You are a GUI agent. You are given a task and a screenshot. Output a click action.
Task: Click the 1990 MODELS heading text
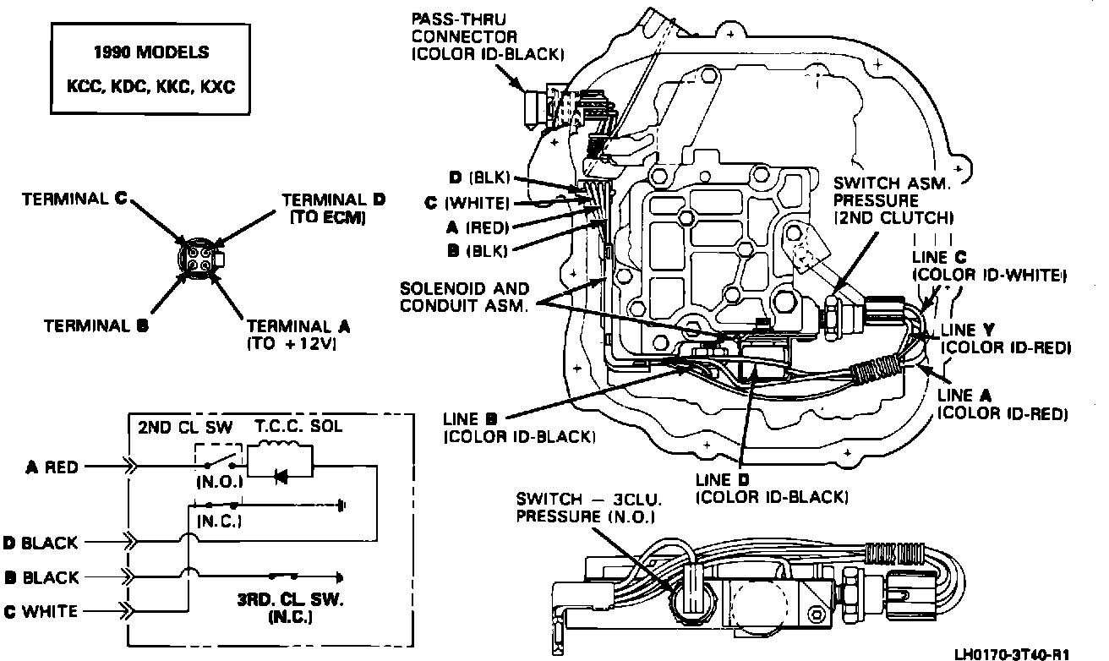coord(151,52)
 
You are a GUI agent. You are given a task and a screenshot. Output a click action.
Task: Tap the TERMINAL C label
coord(74,199)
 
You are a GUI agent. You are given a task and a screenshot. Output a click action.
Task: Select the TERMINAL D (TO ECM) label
coord(333,208)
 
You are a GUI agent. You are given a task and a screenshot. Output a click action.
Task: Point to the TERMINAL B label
coord(96,325)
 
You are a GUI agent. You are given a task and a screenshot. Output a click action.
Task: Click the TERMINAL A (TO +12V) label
coord(298,335)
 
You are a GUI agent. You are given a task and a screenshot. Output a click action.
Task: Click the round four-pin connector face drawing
coord(200,259)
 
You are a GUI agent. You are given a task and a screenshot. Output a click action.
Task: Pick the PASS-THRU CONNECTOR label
coord(488,36)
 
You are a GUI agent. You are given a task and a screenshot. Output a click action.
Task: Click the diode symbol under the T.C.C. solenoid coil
coord(281,477)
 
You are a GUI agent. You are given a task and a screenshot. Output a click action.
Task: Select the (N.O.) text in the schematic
coord(219,483)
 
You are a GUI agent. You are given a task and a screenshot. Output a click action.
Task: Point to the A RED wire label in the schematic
coord(52,467)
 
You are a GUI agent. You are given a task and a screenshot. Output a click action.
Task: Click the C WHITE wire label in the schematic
coord(41,611)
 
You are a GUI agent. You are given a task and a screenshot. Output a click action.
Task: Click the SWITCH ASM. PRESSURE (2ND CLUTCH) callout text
coord(893,200)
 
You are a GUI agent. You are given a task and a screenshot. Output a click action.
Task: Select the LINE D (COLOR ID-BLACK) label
coord(772,489)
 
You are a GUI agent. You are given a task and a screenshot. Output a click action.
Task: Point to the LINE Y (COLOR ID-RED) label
coord(1006,339)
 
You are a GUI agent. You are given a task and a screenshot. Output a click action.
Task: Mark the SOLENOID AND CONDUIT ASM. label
coord(464,297)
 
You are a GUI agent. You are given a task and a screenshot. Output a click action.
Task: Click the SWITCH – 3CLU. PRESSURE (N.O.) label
coord(588,507)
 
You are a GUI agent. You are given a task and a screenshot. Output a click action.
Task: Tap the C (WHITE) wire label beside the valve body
coord(467,203)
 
